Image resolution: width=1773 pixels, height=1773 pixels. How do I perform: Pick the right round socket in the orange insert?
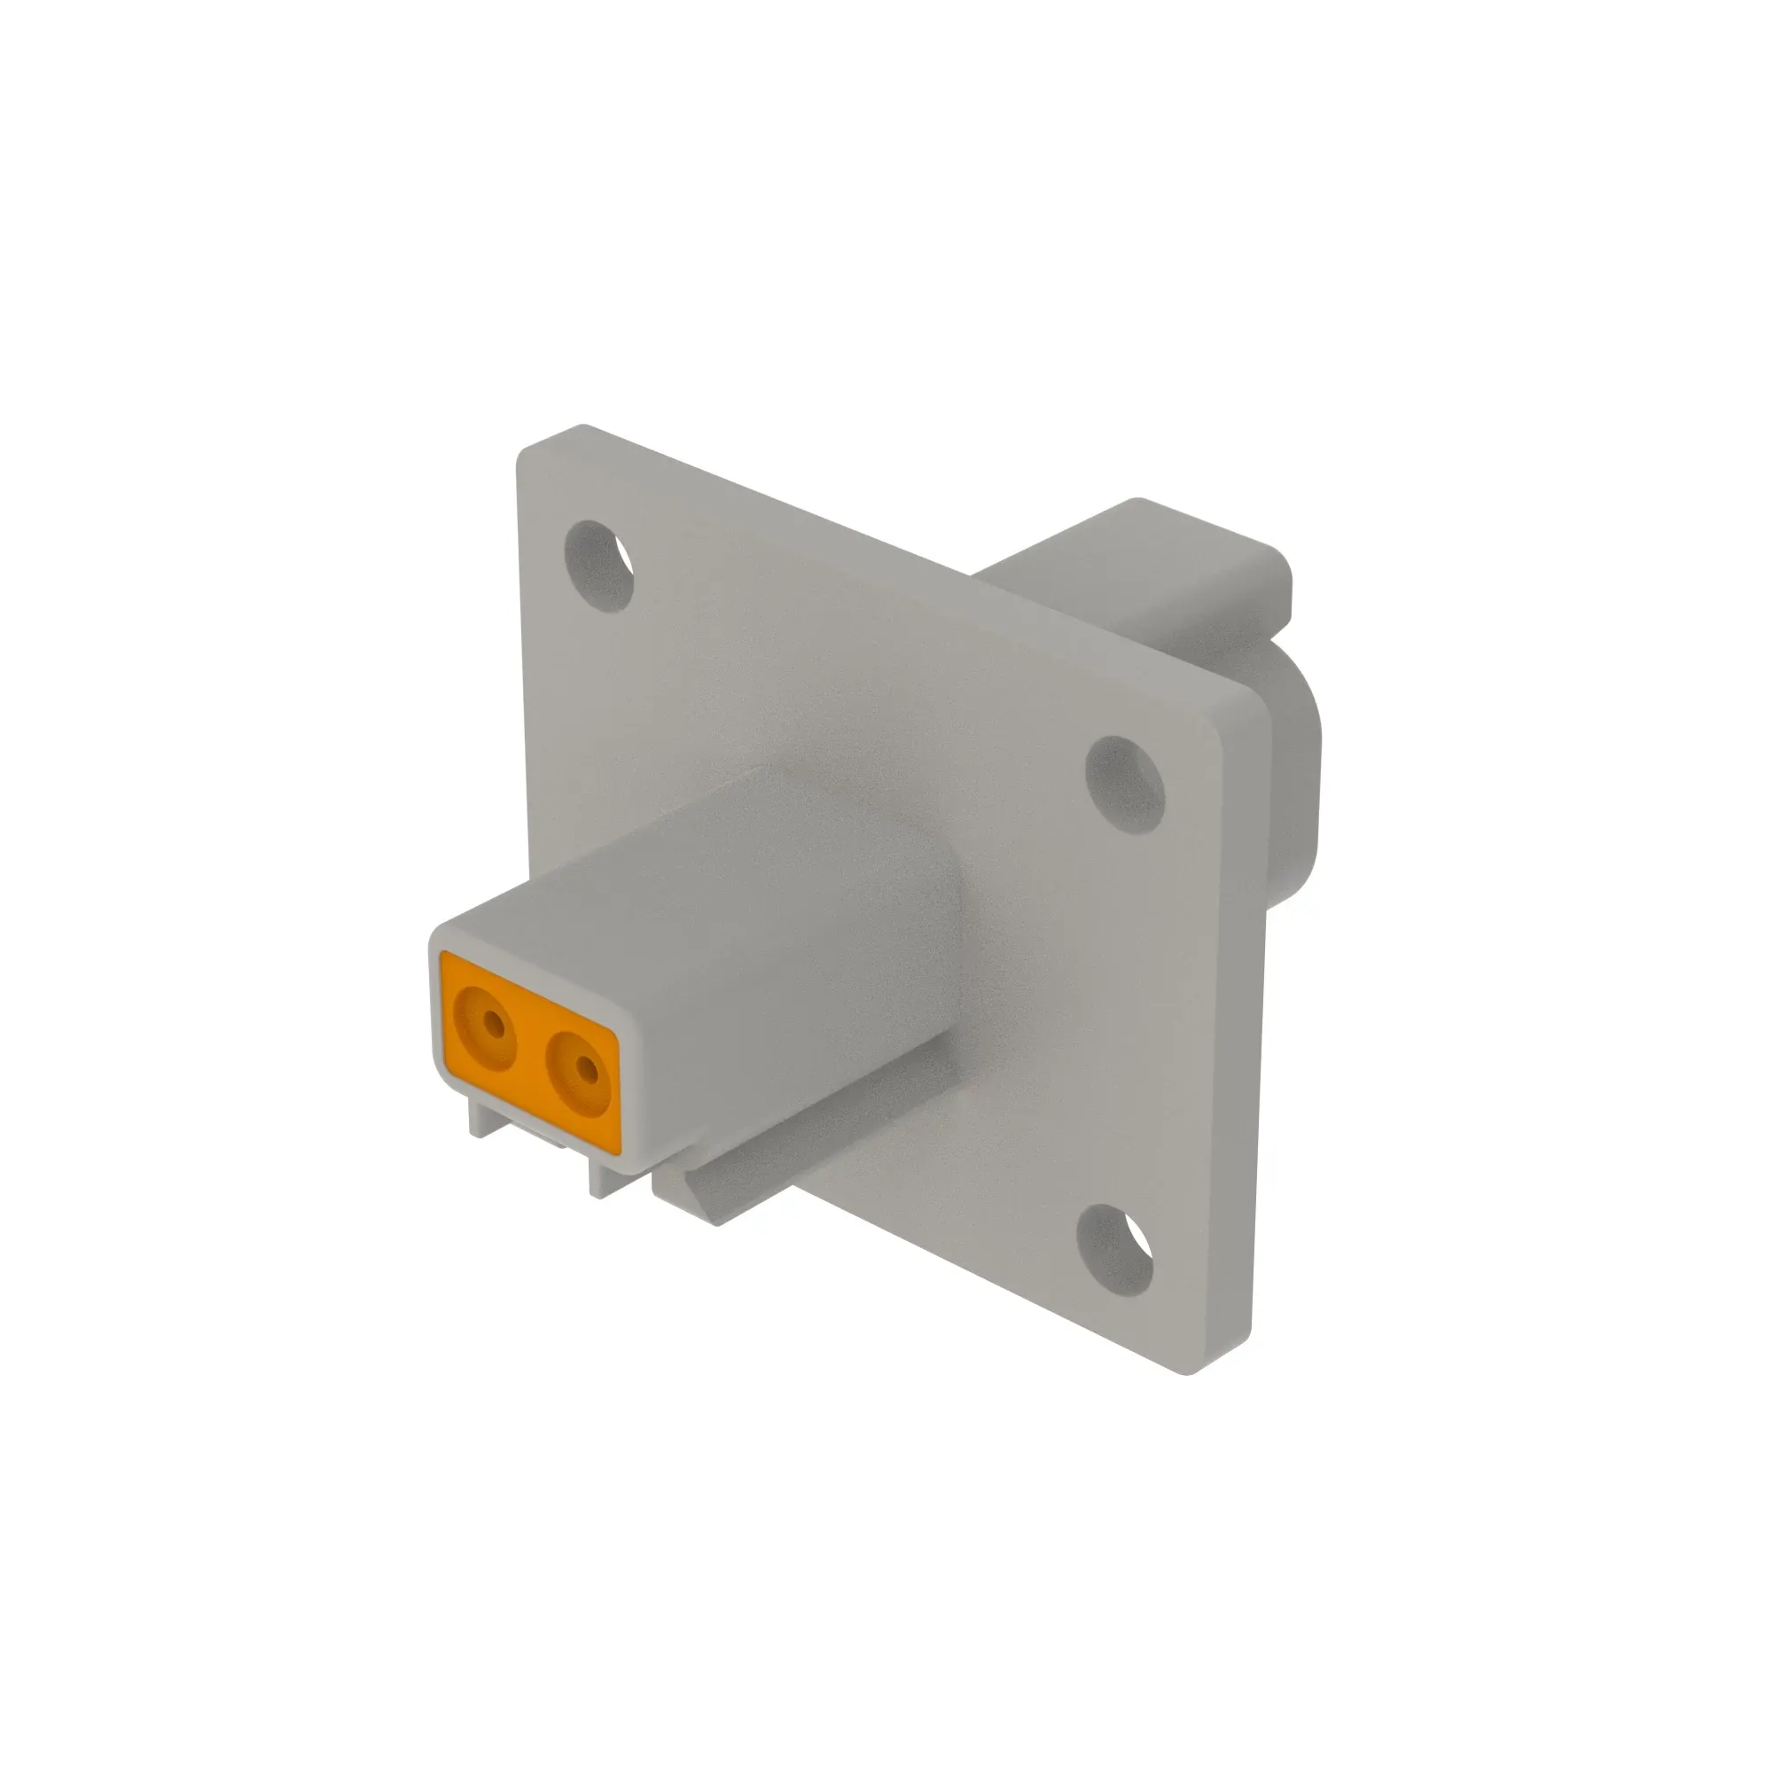click(x=576, y=1070)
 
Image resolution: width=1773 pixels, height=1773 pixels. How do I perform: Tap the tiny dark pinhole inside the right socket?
click(x=582, y=1068)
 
